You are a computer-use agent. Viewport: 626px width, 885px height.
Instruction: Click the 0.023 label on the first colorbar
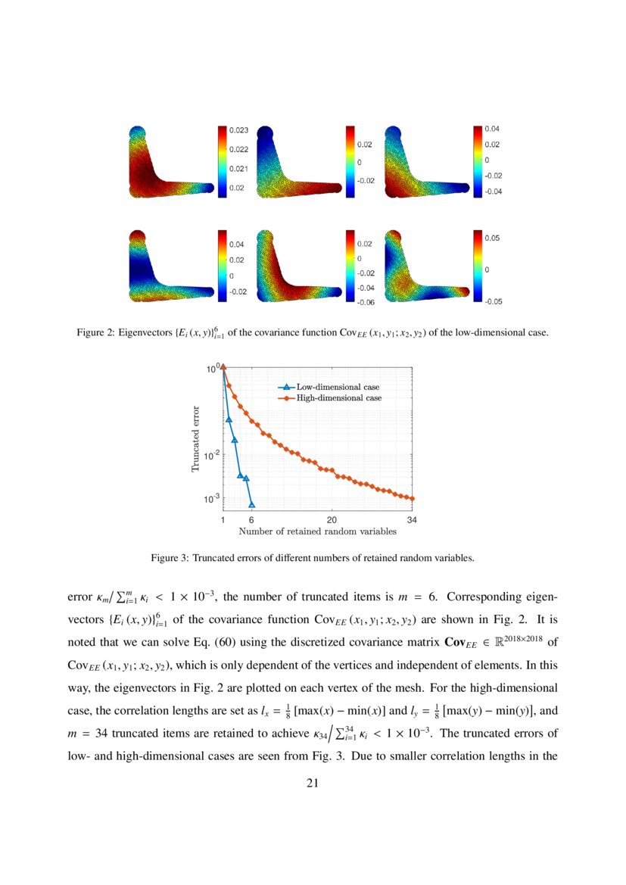[239, 131]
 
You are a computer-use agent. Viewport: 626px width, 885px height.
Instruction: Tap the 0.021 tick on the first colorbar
[239, 169]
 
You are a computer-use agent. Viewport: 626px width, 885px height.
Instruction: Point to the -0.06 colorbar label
[367, 302]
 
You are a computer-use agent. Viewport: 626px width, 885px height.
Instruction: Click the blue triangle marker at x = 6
[251, 504]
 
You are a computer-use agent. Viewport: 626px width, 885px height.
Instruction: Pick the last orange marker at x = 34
[412, 498]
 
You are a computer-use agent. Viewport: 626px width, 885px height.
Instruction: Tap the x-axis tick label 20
[332, 520]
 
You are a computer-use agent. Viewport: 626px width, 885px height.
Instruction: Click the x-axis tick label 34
[412, 520]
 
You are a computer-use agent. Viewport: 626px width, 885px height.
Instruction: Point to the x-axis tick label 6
[251, 520]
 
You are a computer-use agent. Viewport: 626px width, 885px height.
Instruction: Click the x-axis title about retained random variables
[317, 531]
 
